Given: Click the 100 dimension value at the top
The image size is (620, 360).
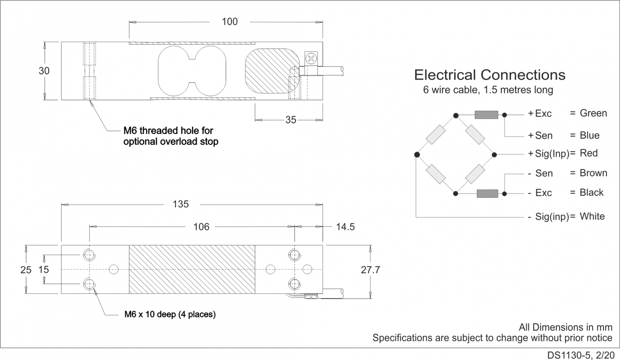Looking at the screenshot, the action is pos(230,22).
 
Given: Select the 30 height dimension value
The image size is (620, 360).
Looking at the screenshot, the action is pos(44,71).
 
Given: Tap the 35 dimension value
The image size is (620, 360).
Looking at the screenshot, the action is pos(291,120).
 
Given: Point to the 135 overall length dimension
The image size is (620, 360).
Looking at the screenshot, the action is pos(181,204).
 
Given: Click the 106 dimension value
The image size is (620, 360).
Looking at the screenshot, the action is pos(201,227).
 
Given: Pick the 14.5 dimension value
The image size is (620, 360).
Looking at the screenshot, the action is pos(345,227).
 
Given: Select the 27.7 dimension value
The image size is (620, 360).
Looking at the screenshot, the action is pos(370,270).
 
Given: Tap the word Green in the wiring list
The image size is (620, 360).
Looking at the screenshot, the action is pos(593,113).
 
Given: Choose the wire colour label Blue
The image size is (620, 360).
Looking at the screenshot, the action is pos(589,135).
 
